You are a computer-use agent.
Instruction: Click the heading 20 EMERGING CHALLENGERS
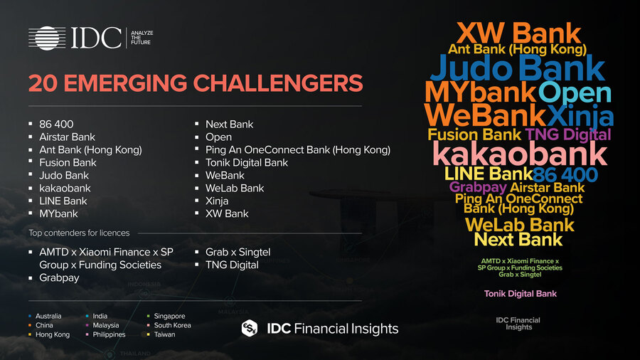click(x=196, y=83)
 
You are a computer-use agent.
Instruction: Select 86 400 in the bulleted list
click(x=56, y=124)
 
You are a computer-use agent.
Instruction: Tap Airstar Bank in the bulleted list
click(x=67, y=137)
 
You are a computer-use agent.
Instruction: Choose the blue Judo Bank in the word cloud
click(x=518, y=68)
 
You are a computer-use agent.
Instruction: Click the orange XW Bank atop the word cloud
click(x=518, y=32)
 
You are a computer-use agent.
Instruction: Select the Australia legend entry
click(x=48, y=316)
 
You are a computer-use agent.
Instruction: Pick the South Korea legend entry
click(x=172, y=325)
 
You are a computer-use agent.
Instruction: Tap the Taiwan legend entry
click(x=165, y=334)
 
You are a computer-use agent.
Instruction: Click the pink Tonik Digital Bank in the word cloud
click(x=521, y=294)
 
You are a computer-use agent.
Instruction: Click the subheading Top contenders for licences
click(x=80, y=233)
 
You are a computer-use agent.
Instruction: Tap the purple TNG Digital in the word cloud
click(x=567, y=134)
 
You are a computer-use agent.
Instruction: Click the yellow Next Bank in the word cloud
click(x=518, y=240)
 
